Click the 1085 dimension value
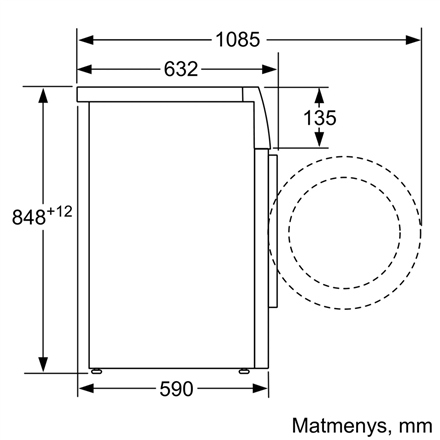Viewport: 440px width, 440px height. click(x=238, y=40)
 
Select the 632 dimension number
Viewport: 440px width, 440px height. click(x=181, y=69)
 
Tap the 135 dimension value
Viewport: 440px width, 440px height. click(x=320, y=118)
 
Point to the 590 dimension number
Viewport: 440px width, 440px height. click(x=176, y=389)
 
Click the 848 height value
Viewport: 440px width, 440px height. click(x=28, y=217)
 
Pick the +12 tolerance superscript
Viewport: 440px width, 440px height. click(x=59, y=211)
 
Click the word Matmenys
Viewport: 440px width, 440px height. click(x=339, y=426)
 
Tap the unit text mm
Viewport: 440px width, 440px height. click(x=416, y=427)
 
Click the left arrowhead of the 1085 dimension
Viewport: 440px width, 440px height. click(x=86, y=40)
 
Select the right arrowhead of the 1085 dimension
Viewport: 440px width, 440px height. click(x=413, y=40)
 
